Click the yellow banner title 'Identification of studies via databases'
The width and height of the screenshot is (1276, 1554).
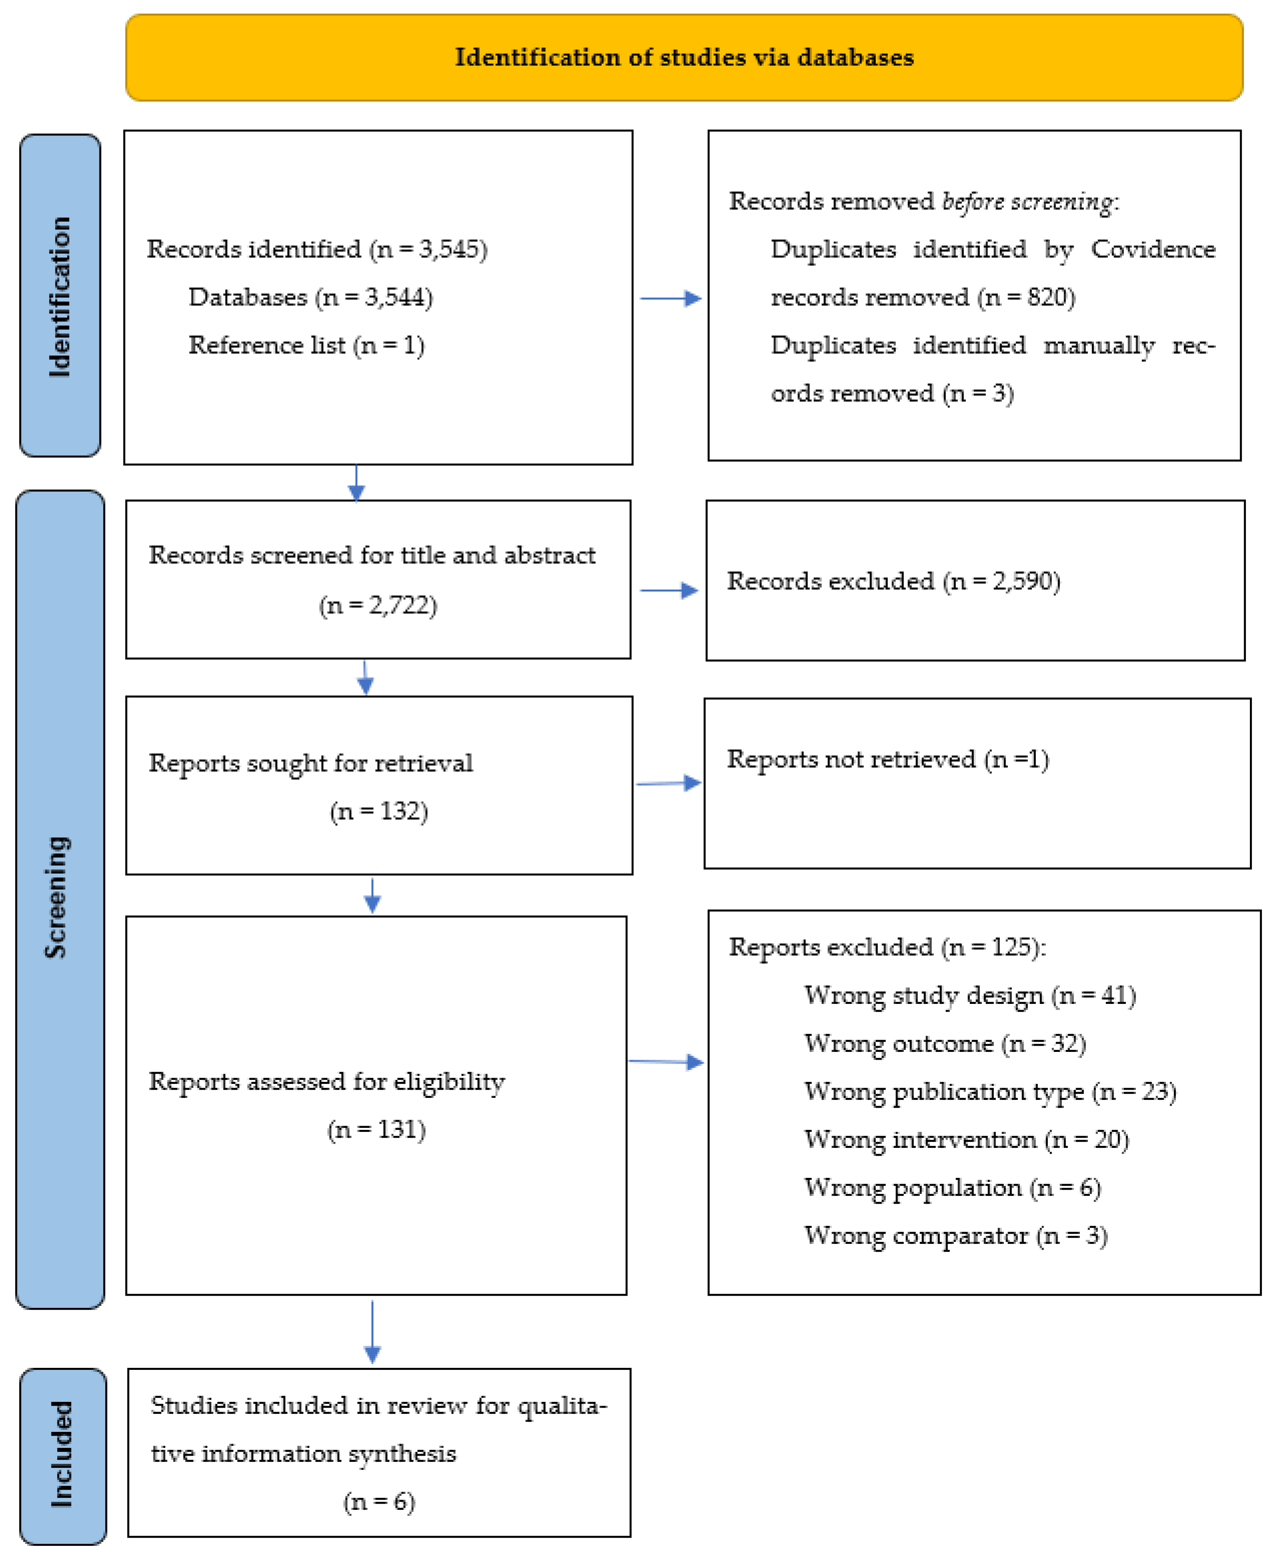(x=683, y=57)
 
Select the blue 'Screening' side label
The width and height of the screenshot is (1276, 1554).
(x=59, y=897)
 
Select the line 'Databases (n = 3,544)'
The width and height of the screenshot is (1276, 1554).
(x=310, y=297)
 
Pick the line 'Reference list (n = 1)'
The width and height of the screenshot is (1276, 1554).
(x=306, y=345)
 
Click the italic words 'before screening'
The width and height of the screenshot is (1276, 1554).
(x=1028, y=201)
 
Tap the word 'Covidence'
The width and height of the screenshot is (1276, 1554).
(x=1152, y=249)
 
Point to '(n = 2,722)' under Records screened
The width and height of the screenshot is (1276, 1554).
(x=378, y=605)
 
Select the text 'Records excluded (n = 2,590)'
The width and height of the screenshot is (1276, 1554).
(x=893, y=581)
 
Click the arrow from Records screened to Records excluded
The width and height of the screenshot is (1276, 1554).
(x=669, y=590)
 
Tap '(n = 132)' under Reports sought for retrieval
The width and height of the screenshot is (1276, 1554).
(x=378, y=811)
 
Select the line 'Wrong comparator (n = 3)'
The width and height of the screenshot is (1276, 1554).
(x=955, y=1235)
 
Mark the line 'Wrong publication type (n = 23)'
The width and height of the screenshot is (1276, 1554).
(x=989, y=1091)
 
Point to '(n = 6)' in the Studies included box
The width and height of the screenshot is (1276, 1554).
(x=378, y=1501)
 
